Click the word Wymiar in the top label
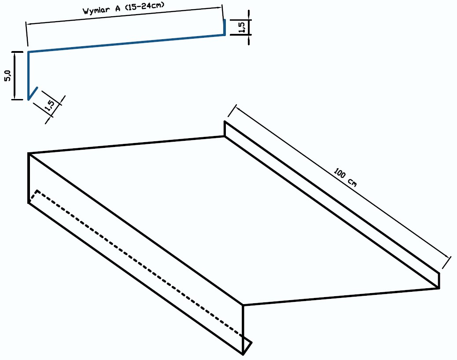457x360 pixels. [x=96, y=11]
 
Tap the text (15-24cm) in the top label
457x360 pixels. [x=145, y=6]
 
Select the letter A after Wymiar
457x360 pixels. [x=118, y=8]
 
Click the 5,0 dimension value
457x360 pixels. [x=7, y=76]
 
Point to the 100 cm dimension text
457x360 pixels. [x=345, y=177]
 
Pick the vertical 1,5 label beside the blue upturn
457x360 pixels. [x=242, y=27]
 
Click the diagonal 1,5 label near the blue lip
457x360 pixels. [x=50, y=106]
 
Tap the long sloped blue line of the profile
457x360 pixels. [x=126, y=44]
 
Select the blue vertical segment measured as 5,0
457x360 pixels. [x=29, y=76]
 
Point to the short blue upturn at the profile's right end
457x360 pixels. [x=225, y=27]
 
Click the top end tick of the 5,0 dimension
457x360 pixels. [x=18, y=52]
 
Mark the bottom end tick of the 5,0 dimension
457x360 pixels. [x=18, y=99]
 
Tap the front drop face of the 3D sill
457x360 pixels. [x=136, y=253]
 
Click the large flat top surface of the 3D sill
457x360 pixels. [x=233, y=220]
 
